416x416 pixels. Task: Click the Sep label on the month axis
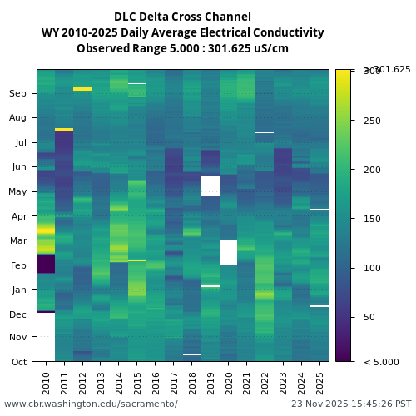point(17,93)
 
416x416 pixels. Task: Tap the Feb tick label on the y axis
point(17,265)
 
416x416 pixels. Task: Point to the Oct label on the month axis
point(17,361)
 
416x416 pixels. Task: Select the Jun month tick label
point(17,166)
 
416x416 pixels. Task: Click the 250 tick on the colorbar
point(372,121)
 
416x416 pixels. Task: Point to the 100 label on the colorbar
point(372,268)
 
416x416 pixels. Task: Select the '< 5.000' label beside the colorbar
point(381,362)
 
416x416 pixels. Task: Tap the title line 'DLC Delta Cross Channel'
point(182,17)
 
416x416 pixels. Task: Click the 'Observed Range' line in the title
point(182,48)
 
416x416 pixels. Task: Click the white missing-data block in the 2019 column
point(210,186)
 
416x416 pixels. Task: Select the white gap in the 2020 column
point(229,252)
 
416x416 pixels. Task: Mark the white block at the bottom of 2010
point(46,337)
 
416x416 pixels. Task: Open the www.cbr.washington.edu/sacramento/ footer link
point(91,404)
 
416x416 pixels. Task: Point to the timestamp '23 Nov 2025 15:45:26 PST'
point(351,404)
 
